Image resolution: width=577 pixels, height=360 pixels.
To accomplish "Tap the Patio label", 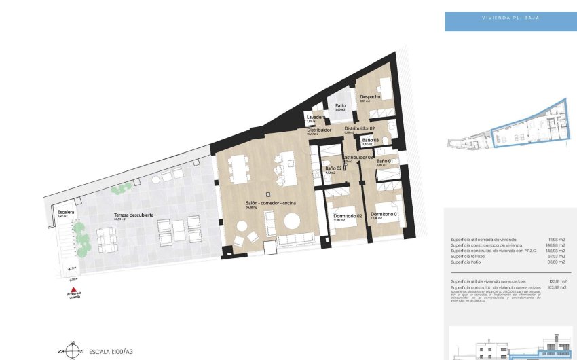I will (x=340, y=105).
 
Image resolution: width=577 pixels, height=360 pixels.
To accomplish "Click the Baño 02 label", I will (x=333, y=168).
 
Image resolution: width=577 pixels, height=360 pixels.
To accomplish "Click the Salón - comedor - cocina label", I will (x=271, y=203).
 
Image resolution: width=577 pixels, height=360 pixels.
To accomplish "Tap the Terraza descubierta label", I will (x=133, y=215).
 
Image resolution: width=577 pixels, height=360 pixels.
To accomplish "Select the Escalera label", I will (x=66, y=212).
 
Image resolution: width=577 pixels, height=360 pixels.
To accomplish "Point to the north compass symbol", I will (x=69, y=351).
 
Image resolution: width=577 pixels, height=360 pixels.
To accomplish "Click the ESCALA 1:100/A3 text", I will (x=111, y=352).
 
